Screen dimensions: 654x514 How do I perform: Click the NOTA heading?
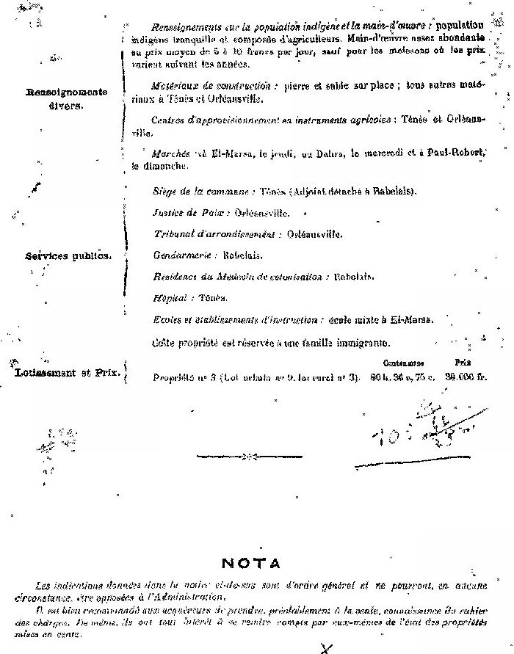(250, 564)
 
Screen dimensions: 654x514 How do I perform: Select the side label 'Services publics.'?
(68, 256)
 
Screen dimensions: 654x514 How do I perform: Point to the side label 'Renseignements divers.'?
(67, 98)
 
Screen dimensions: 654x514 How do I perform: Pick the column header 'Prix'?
(462, 363)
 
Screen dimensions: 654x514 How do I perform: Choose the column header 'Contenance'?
(402, 363)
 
